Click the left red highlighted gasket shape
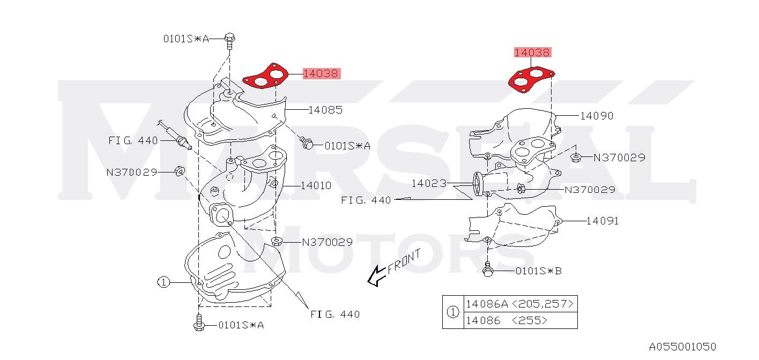click(x=265, y=76)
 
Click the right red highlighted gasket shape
click(x=531, y=80)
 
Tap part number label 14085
click(x=325, y=110)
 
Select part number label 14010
click(x=316, y=185)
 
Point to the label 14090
click(x=597, y=116)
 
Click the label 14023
click(x=429, y=184)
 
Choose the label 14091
click(x=602, y=221)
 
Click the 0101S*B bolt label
click(x=538, y=271)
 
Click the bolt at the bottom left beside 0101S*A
click(x=199, y=322)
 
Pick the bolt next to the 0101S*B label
click(x=488, y=269)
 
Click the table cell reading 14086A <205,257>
click(x=520, y=304)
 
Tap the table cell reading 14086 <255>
click(x=520, y=320)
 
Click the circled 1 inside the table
click(x=453, y=312)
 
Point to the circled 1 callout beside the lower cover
click(x=163, y=282)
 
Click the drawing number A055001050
click(x=682, y=347)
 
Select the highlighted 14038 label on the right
click(x=533, y=52)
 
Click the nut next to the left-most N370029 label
click(x=180, y=171)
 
